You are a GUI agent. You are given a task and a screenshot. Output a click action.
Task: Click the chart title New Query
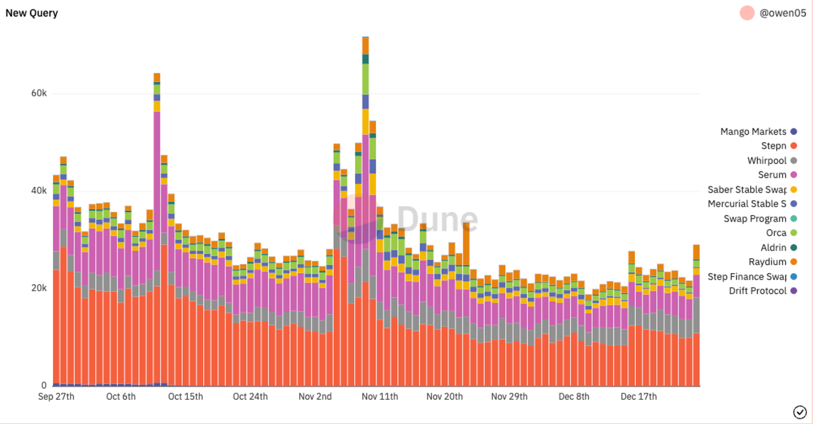click(32, 13)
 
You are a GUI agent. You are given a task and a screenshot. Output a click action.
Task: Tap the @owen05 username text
click(782, 13)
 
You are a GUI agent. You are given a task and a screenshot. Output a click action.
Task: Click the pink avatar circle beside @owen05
click(747, 13)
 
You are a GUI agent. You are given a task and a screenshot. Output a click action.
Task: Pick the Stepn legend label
click(773, 146)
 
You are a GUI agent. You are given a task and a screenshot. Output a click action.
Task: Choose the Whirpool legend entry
click(767, 160)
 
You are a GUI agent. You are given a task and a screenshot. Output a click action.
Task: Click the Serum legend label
click(772, 175)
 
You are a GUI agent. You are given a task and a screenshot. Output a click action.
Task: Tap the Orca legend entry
click(776, 233)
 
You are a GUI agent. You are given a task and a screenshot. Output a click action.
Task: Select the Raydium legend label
click(767, 262)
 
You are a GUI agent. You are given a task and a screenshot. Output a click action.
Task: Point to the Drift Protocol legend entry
click(757, 291)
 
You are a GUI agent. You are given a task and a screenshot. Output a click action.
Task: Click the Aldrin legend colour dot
click(794, 248)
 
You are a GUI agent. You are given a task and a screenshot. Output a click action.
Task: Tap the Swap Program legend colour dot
click(794, 219)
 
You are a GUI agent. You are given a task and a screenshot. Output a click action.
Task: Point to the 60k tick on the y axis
click(39, 93)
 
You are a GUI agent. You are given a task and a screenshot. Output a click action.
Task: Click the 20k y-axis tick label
click(39, 288)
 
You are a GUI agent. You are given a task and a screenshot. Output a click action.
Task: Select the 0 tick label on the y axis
click(44, 385)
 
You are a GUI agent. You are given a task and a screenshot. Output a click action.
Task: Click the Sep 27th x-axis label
click(56, 396)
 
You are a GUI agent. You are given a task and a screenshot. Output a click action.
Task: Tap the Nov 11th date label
click(380, 396)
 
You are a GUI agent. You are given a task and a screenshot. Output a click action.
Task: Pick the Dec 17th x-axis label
click(639, 396)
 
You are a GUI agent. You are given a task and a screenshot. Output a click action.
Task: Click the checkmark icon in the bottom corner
click(800, 412)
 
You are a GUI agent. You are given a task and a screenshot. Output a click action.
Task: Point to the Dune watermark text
click(437, 219)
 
